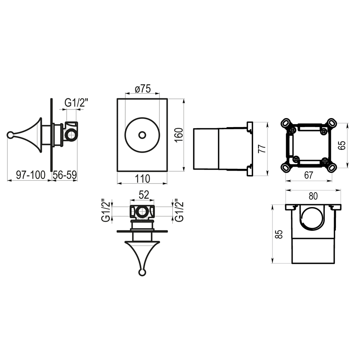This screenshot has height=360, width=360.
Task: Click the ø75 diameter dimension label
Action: [143, 89]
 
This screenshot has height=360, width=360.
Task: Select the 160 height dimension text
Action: [179, 135]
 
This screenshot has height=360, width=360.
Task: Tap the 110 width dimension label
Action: [142, 179]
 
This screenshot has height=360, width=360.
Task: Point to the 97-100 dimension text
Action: [31, 175]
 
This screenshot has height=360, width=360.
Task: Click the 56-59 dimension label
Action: [65, 175]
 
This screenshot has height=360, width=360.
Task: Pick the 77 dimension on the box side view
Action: [262, 149]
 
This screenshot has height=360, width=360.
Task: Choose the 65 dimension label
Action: [342, 145]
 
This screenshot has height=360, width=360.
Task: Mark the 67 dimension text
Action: [309, 175]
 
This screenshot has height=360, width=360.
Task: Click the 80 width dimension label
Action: [313, 196]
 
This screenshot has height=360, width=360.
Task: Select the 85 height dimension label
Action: [280, 234]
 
